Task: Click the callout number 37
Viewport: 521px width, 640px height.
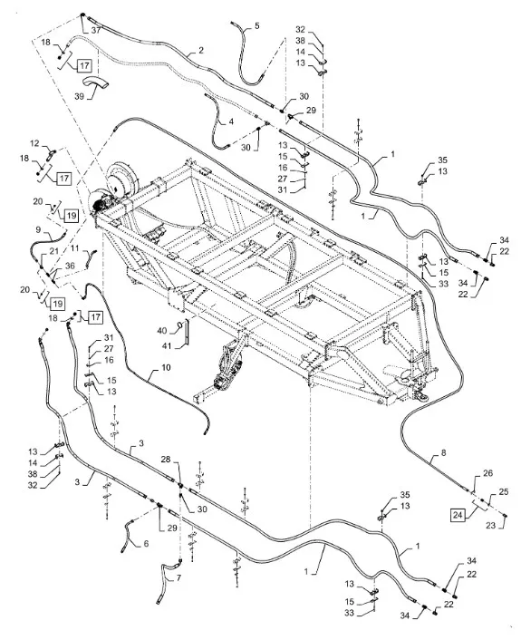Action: (95, 31)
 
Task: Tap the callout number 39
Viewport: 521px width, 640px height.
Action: (79, 96)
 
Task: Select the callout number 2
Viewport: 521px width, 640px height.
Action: (201, 51)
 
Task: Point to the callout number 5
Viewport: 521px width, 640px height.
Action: (256, 26)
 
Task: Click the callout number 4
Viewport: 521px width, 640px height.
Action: (231, 121)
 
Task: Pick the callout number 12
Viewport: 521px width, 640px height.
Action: (34, 143)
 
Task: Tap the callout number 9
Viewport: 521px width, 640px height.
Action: (38, 229)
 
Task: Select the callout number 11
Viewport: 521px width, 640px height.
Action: (74, 247)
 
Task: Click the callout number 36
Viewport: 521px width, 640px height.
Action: (70, 266)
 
